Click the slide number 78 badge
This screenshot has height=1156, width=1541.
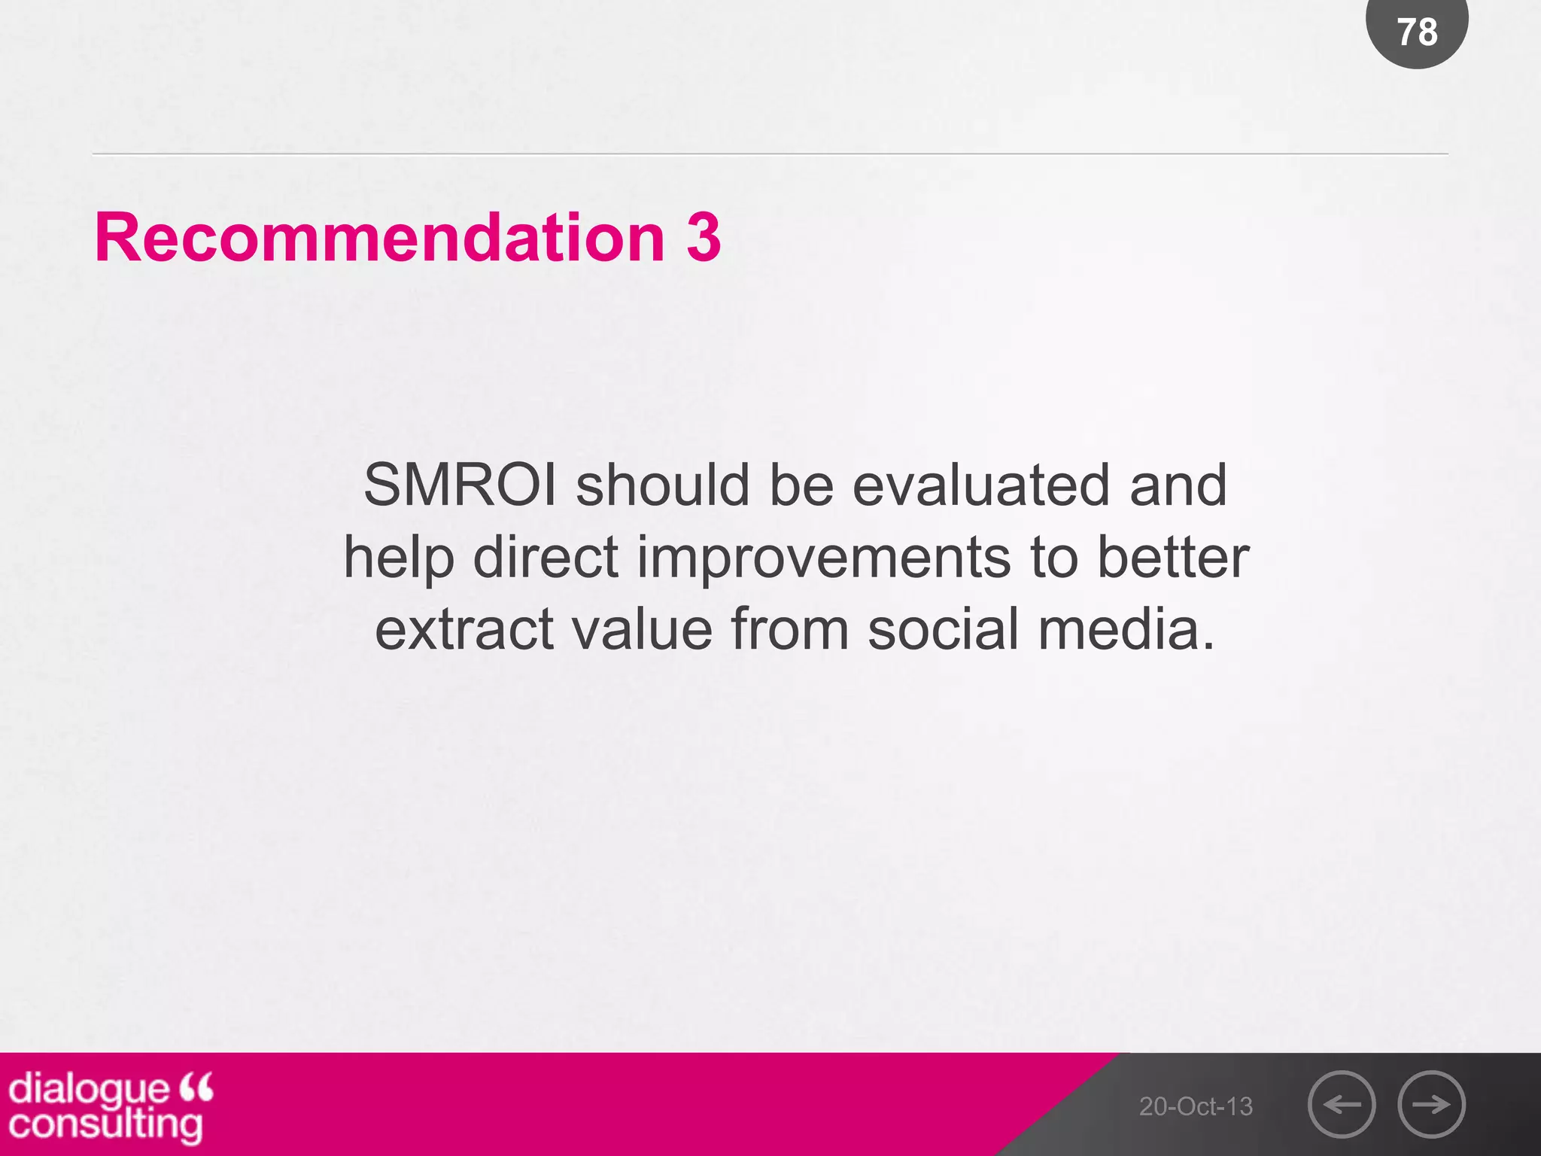[1417, 32]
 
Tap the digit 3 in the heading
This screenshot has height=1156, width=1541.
[704, 238]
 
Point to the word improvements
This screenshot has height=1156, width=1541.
[824, 558]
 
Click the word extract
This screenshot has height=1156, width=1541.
[464, 629]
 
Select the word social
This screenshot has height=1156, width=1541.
[943, 629]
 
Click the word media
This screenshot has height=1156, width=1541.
[1126, 629]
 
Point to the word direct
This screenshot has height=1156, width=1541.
[546, 558]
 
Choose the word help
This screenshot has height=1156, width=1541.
[399, 558]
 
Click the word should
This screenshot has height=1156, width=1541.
[663, 485]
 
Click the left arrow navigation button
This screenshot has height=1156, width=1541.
[1342, 1104]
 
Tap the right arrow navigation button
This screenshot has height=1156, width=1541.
[1431, 1104]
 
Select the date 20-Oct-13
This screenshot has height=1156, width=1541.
[1196, 1106]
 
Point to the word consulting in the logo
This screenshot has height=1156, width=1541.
[105, 1125]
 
